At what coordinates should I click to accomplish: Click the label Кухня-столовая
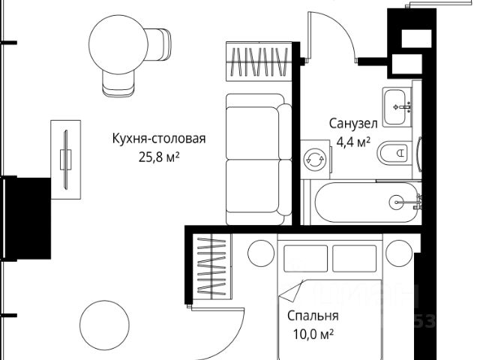coord(158,139)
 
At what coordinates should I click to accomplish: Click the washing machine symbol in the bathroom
coord(314,159)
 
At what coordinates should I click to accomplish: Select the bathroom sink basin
coord(398,107)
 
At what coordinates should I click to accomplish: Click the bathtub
coord(365,201)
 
